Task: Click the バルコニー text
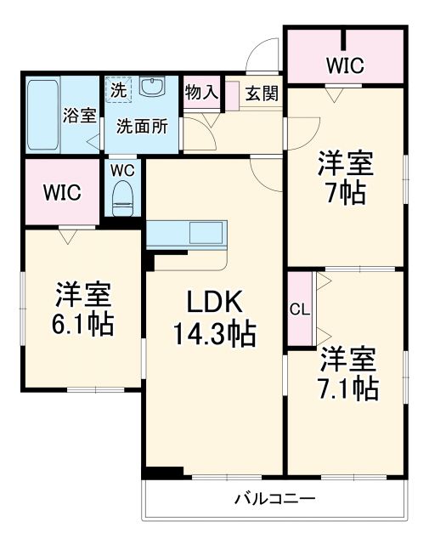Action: click(274, 499)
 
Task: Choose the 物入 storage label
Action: click(201, 93)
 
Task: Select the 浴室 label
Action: click(81, 116)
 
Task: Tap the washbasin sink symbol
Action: click(154, 87)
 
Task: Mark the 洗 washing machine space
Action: click(117, 88)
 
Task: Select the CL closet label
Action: click(299, 309)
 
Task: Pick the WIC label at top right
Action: click(344, 65)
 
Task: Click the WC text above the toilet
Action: click(124, 169)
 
